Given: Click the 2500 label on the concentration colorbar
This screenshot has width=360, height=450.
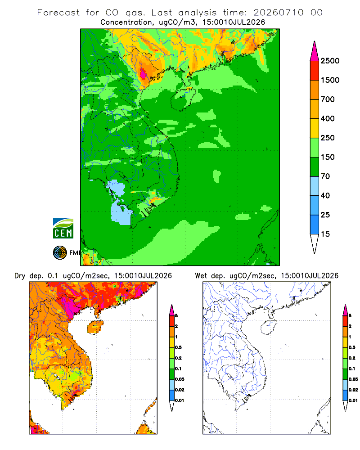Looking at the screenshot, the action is tap(330, 61).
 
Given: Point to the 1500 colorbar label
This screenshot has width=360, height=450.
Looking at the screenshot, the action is tap(330, 80).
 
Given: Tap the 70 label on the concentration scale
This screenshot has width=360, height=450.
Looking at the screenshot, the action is tap(325, 176).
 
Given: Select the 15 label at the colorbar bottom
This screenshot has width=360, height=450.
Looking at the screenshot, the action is tap(325, 234).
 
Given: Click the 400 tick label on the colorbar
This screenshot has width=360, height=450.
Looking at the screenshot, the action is tap(328, 118).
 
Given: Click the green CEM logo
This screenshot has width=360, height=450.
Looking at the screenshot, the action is tap(63, 228).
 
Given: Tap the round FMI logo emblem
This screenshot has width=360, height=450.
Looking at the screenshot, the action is tap(60, 253).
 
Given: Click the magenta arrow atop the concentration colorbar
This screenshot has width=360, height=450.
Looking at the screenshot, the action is tap(315, 51).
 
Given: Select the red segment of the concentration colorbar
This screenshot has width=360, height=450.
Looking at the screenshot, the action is tap(315, 71).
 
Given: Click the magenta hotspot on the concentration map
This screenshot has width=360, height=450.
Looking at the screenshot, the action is tap(143, 74).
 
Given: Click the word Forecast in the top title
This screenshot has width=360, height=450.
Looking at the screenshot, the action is tap(58, 13).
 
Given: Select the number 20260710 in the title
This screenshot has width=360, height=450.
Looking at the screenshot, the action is tap(278, 13).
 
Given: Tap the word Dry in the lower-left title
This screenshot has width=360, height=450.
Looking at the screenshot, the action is tap(20, 276).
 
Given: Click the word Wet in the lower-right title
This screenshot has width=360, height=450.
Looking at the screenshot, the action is tap(201, 276).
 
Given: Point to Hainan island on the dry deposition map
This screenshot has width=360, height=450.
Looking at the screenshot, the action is tap(95, 328).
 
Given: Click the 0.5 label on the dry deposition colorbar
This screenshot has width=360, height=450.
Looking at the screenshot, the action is tap(178, 347).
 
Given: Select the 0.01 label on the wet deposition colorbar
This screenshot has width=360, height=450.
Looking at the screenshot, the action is tap(353, 400).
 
